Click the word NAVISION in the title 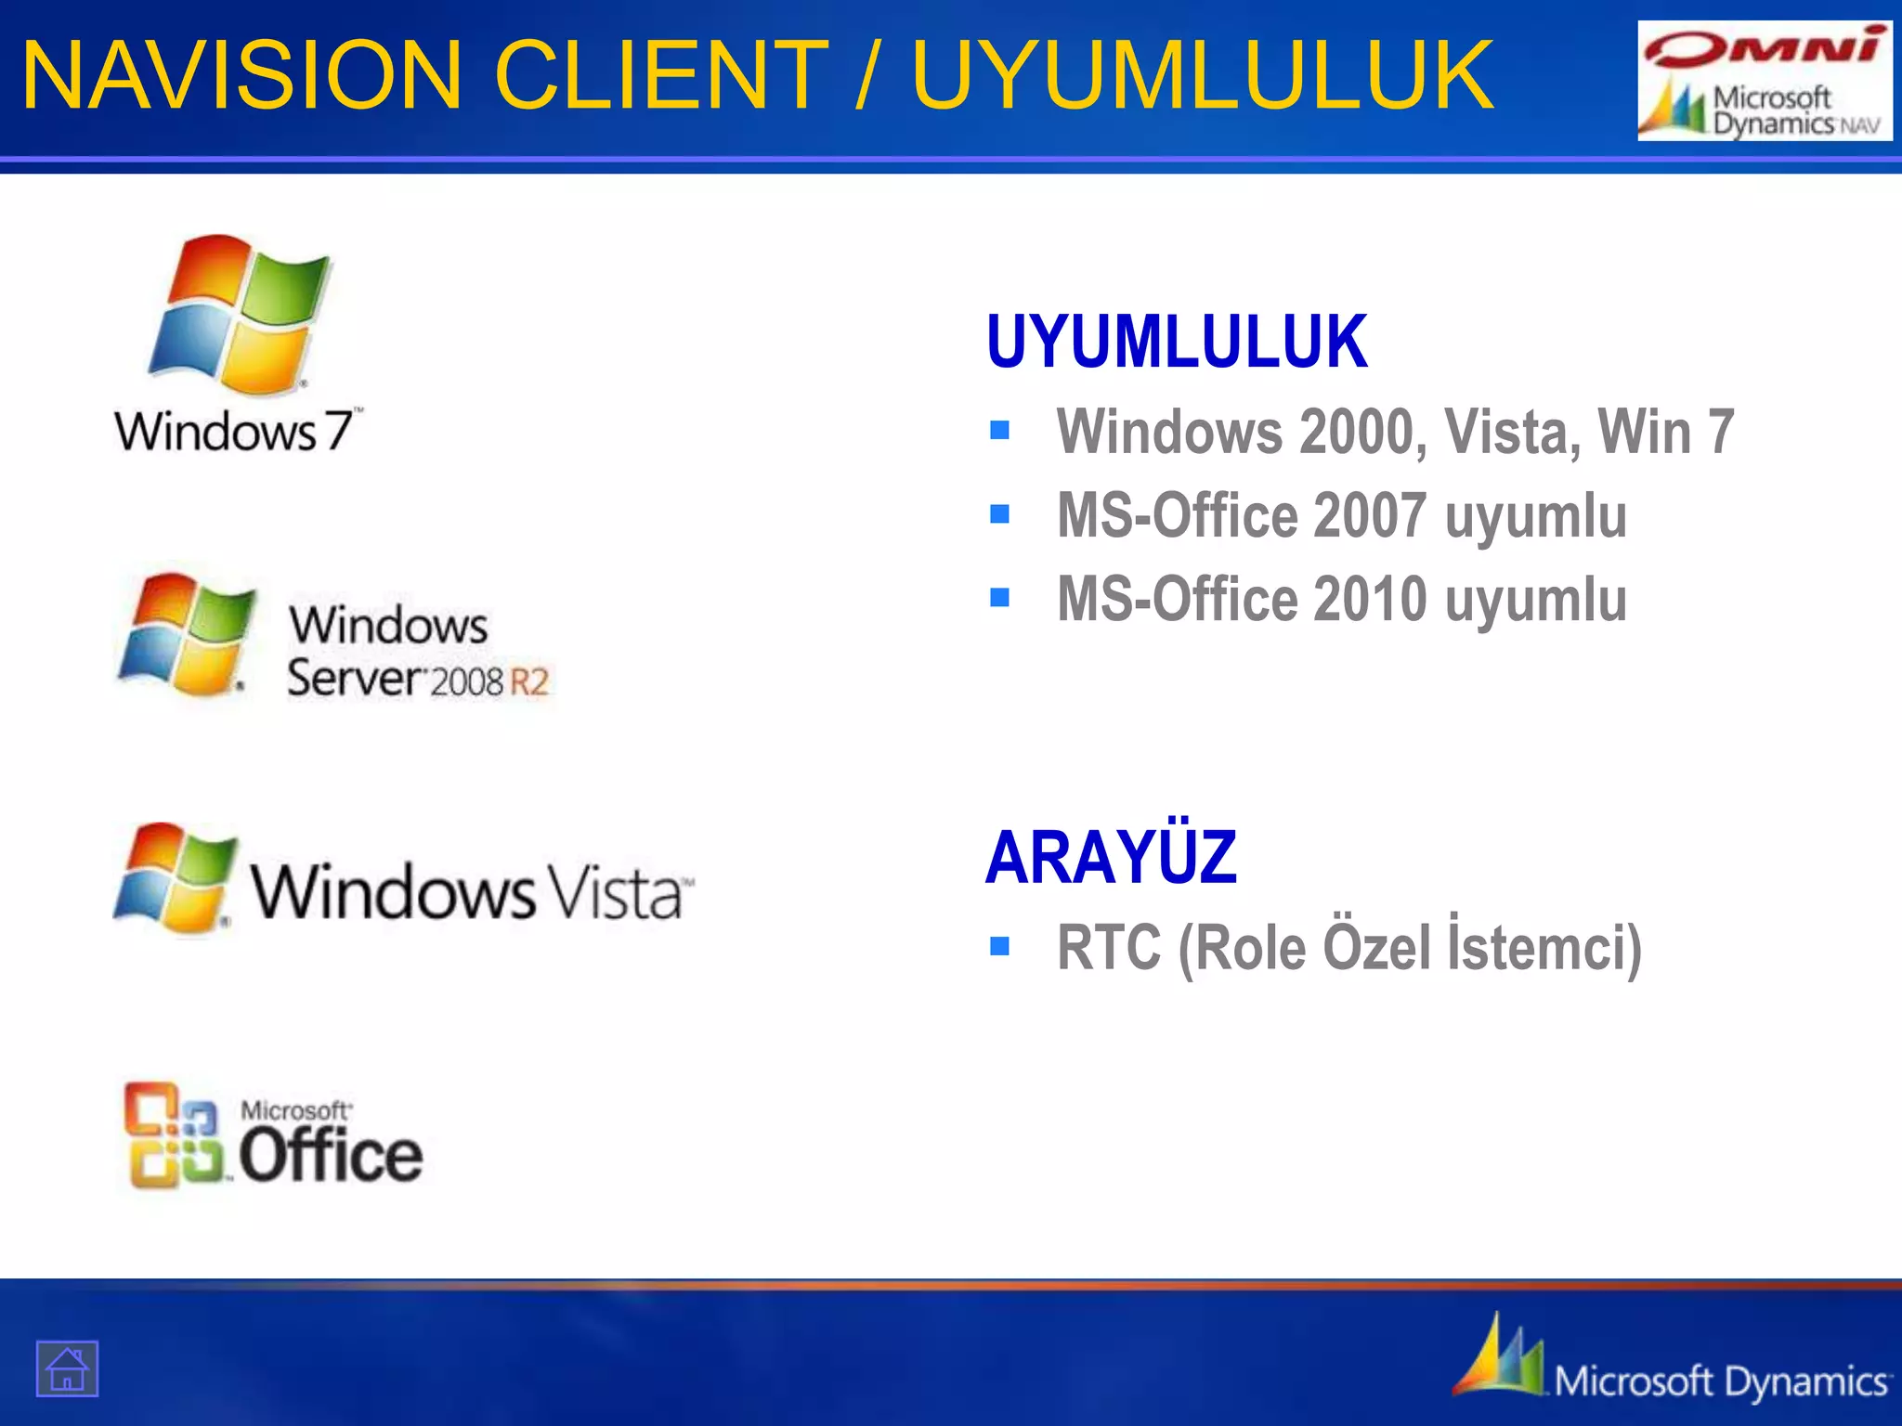(241, 74)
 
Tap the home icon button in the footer (67, 1368)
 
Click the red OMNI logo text (1765, 48)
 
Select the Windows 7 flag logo (240, 314)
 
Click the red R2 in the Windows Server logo (529, 682)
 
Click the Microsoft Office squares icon (175, 1134)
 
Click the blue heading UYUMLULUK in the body (1177, 343)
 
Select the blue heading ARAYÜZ (1111, 858)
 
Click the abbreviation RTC (1109, 949)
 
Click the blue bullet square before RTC (999, 946)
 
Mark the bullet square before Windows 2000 (999, 430)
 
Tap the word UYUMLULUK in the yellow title (1203, 74)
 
